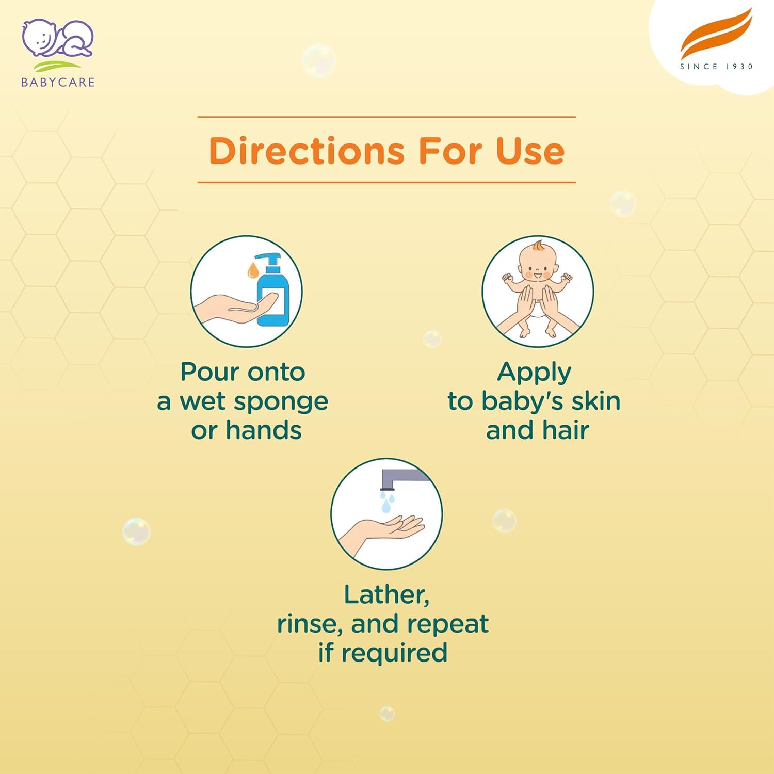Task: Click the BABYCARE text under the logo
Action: (x=58, y=82)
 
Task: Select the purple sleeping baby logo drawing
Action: (x=57, y=38)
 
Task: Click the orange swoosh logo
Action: (x=716, y=35)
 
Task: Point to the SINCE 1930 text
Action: (x=716, y=67)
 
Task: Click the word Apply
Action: (x=534, y=373)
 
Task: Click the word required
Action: (x=394, y=653)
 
